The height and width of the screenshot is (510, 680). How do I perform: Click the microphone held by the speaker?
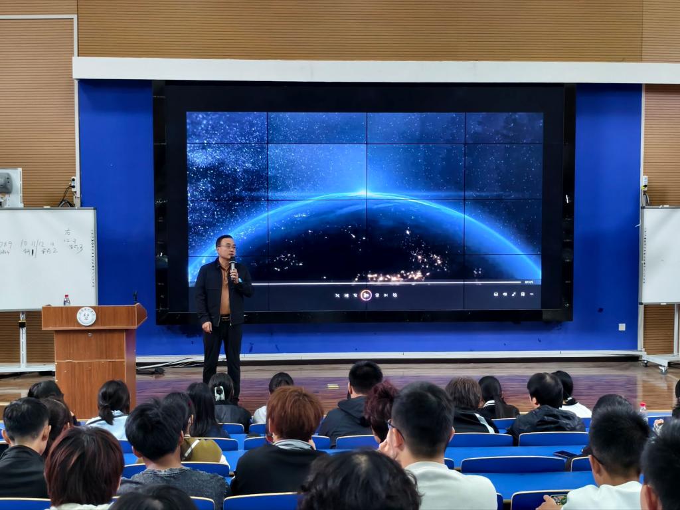pos(232,261)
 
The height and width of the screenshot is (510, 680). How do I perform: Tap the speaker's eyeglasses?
pos(227,247)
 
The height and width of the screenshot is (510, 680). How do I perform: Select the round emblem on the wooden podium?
pos(86,317)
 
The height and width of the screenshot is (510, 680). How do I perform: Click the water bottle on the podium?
pos(66,300)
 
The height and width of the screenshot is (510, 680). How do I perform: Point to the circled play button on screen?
pos(366,295)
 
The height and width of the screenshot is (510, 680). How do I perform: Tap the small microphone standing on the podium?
pos(135,297)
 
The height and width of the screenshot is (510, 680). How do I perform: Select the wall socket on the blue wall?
pos(622,326)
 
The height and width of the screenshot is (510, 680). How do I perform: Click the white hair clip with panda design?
pos(218,393)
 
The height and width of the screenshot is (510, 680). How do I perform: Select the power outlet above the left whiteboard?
pos(73,184)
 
